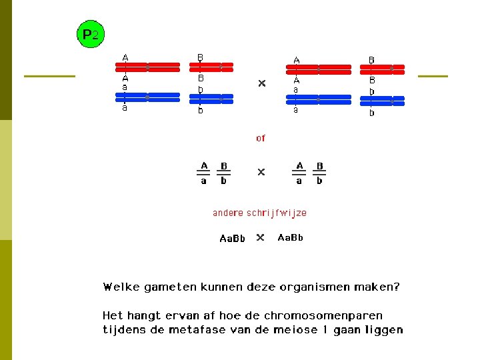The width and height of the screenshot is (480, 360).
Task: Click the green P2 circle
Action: pyautogui.click(x=91, y=34)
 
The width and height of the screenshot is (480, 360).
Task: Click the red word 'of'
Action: pyautogui.click(x=260, y=138)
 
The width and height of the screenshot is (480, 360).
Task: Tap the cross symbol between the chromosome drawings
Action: pyautogui.click(x=261, y=83)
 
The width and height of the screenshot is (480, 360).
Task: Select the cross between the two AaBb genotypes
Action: pyautogui.click(x=261, y=237)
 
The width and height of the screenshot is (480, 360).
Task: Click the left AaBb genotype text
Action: pyautogui.click(x=233, y=238)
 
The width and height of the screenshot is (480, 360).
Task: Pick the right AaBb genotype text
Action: pyautogui.click(x=290, y=237)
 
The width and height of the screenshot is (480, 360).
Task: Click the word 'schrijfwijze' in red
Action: pyautogui.click(x=277, y=213)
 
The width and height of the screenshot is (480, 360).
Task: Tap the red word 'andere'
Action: pyautogui.click(x=228, y=213)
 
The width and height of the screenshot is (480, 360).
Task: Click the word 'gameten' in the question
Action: pyautogui.click(x=159, y=287)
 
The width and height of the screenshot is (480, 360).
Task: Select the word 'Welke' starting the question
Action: pyautogui.click(x=117, y=287)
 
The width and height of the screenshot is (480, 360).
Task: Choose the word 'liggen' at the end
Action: pyautogui.click(x=385, y=330)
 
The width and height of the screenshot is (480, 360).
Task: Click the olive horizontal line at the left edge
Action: pyautogui.click(x=49, y=76)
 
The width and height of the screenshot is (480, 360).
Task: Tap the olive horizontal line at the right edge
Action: pyautogui.click(x=433, y=76)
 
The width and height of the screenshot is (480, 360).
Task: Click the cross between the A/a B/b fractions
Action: pyautogui.click(x=261, y=172)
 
